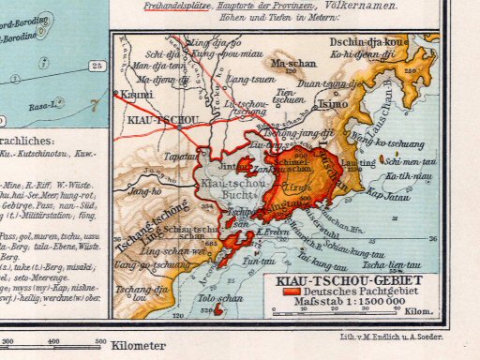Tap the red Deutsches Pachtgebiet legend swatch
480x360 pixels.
[x=286, y=291]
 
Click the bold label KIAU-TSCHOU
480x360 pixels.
[x=151, y=122]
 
